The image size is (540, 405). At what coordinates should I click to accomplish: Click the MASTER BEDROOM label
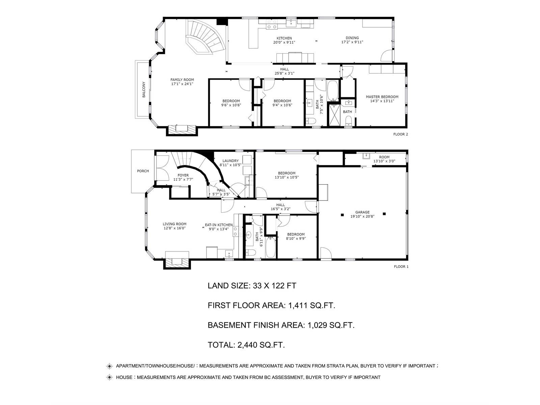[x=382, y=97]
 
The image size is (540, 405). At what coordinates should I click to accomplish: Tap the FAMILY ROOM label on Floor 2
[x=182, y=80]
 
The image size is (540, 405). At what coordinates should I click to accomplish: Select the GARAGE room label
[x=362, y=212]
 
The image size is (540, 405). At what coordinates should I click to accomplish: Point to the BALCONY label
[x=144, y=89]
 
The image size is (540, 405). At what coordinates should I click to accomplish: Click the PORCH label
[x=143, y=171]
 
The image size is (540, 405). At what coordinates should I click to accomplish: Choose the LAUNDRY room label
[x=231, y=161]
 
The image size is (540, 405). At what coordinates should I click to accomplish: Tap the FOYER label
[x=183, y=175]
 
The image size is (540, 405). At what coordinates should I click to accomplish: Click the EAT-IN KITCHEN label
[x=219, y=225]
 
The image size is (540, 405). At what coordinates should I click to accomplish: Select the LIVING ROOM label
[x=174, y=224]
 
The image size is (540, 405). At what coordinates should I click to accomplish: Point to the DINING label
[x=352, y=38]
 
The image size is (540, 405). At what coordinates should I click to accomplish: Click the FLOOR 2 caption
[x=401, y=134]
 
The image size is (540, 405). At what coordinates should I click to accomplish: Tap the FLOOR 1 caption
[x=401, y=267]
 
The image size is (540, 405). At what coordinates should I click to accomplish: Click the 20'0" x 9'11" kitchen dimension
[x=284, y=42]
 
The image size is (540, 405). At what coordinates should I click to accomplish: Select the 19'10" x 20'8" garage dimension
[x=362, y=216]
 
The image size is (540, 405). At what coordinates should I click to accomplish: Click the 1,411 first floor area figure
[x=298, y=305]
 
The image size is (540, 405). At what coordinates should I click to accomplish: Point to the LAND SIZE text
[x=229, y=286]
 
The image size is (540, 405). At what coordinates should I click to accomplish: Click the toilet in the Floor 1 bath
[x=250, y=252]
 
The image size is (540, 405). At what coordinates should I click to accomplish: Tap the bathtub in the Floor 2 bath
[x=333, y=90]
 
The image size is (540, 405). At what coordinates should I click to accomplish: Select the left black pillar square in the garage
[x=342, y=215]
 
